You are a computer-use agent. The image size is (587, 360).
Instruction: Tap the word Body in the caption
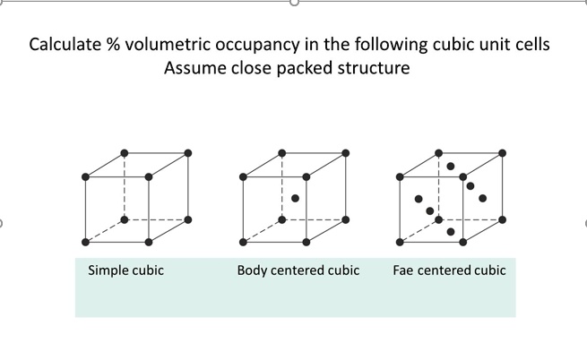[254, 270]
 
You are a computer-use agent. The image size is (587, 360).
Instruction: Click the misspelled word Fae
[405, 270]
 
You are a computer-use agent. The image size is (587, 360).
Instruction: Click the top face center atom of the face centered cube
[451, 166]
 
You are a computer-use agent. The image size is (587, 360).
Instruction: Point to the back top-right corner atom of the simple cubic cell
[188, 153]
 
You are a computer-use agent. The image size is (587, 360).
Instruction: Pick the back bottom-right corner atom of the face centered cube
[502, 219]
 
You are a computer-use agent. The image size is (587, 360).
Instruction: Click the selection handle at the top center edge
[293, 3]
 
